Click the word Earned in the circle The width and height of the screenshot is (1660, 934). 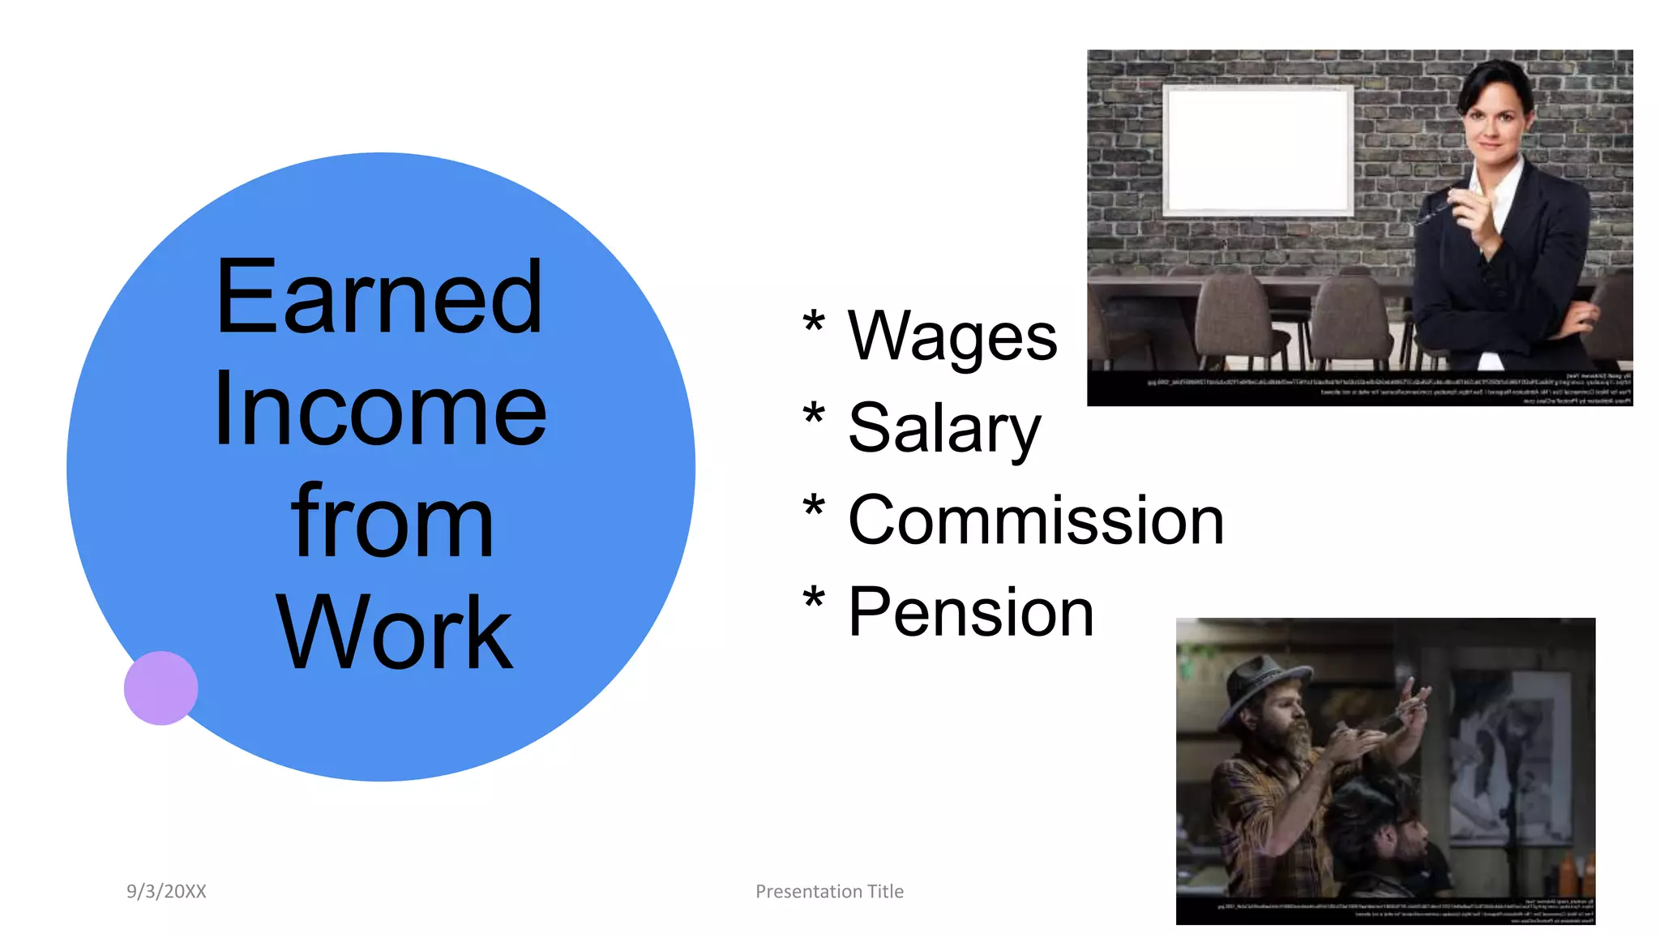click(379, 298)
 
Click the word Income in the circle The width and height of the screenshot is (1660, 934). click(379, 409)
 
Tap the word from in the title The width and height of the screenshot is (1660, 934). click(392, 521)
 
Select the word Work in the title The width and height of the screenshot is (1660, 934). click(394, 633)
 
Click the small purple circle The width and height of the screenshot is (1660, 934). click(160, 688)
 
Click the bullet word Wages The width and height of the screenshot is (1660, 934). click(952, 336)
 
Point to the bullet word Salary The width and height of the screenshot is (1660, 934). click(943, 428)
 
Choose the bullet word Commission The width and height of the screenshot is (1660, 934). click(1035, 521)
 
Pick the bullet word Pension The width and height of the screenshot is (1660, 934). click(970, 613)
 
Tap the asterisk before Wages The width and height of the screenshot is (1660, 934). click(813, 323)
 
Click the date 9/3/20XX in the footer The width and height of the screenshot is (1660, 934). click(166, 891)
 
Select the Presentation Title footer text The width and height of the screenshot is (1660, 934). click(829, 891)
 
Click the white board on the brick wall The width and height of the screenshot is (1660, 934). click(1258, 150)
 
